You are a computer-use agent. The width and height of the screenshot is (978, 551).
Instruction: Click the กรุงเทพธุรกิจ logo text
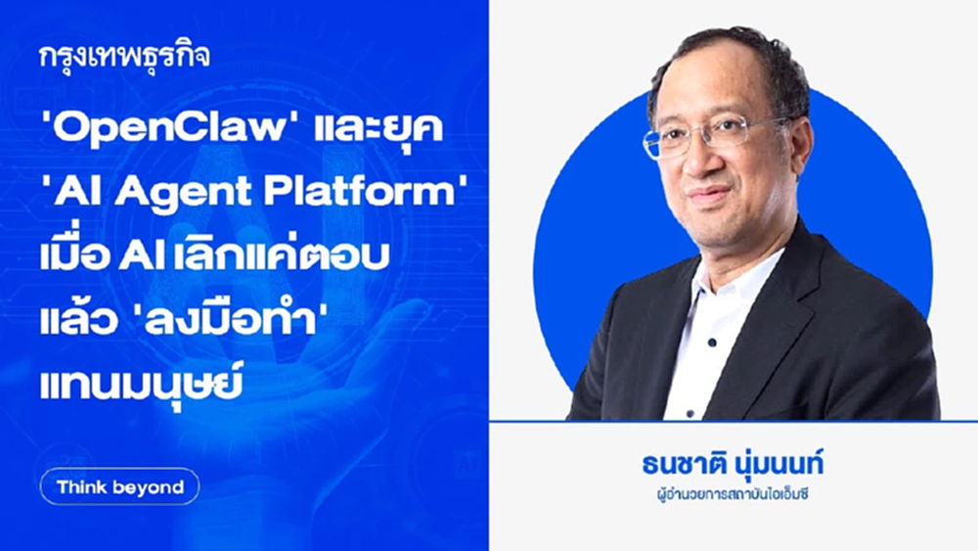point(125,55)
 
